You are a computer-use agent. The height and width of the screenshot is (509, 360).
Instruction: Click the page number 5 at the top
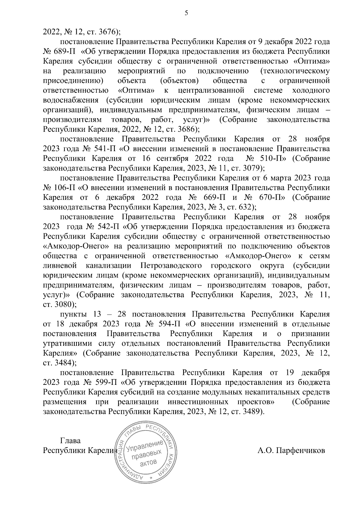point(186,13)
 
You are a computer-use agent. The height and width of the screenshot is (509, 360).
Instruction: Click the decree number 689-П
point(65,52)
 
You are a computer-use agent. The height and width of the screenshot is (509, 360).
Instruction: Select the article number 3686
point(187,129)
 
